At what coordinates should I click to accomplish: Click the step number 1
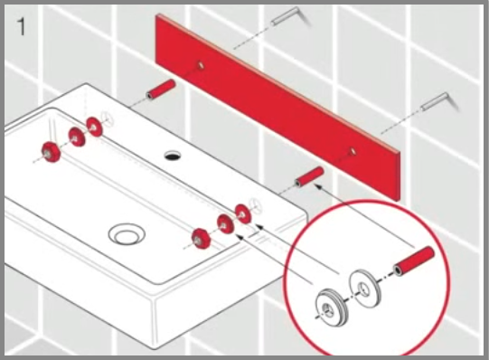click(x=21, y=26)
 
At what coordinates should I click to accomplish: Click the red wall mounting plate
click(x=277, y=106)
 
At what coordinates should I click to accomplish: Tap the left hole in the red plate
click(x=201, y=65)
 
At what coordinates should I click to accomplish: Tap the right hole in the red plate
click(x=352, y=152)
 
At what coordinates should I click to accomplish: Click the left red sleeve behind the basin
click(x=161, y=90)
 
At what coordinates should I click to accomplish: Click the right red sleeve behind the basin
click(x=310, y=177)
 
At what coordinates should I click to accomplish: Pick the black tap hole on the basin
click(x=173, y=155)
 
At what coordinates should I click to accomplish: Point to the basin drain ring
click(x=127, y=233)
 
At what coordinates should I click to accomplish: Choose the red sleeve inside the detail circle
click(x=414, y=261)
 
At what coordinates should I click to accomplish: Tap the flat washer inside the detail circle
click(x=365, y=288)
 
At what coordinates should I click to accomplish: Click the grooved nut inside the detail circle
click(x=331, y=308)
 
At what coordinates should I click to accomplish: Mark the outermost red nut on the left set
click(x=52, y=152)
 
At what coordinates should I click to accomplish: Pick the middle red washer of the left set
click(x=77, y=137)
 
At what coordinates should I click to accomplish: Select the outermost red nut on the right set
click(x=201, y=239)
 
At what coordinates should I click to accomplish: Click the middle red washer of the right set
click(x=225, y=224)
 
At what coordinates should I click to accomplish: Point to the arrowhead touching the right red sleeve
click(x=318, y=186)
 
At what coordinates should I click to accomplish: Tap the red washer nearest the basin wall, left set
click(x=95, y=127)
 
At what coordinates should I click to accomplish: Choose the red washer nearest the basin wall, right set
click(x=243, y=213)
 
